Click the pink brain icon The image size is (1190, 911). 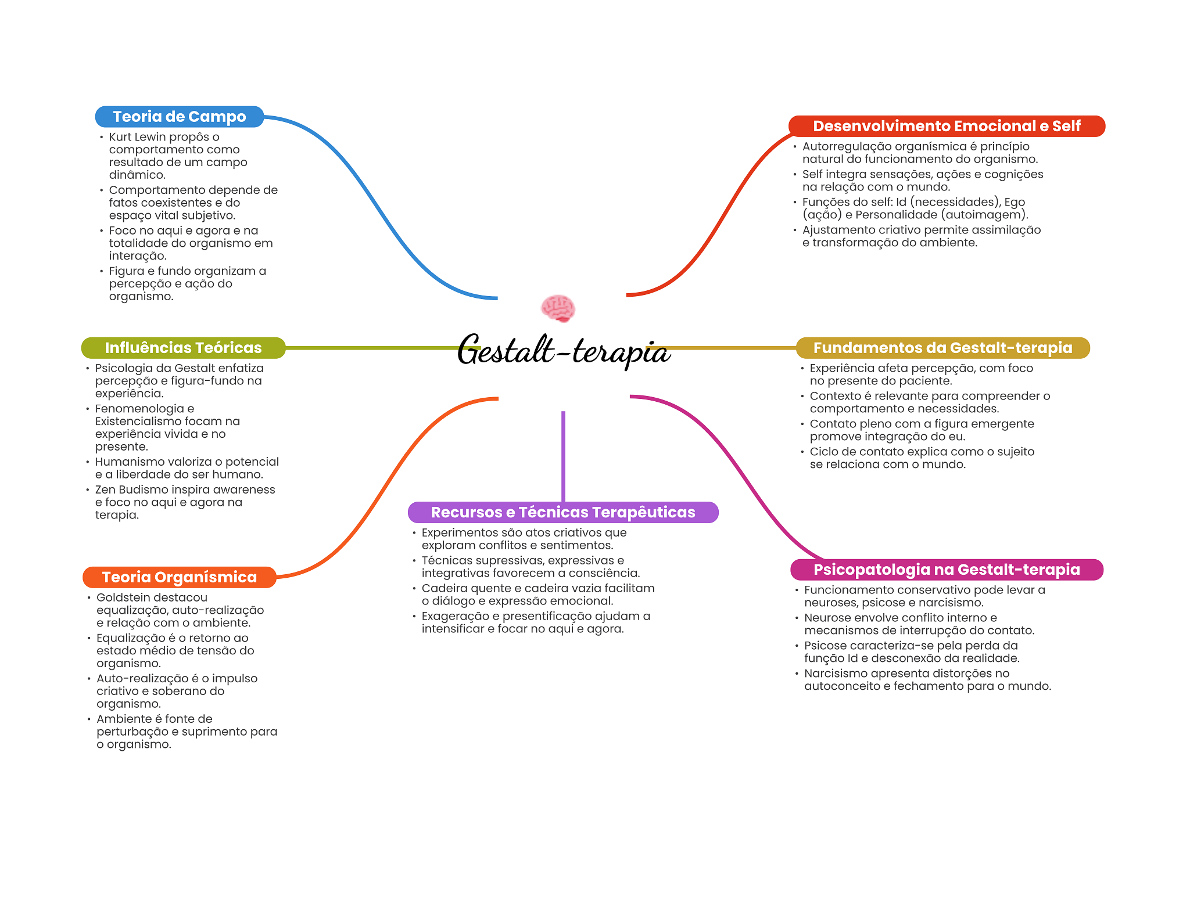(558, 308)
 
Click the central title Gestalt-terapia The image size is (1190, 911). (564, 350)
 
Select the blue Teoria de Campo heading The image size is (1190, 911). (180, 117)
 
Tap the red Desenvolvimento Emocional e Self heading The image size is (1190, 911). (947, 126)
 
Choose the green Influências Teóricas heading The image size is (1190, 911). (184, 348)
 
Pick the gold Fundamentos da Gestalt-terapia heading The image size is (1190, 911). (942, 348)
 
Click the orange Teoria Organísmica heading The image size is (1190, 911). (180, 577)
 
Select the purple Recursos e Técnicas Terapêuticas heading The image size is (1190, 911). (563, 512)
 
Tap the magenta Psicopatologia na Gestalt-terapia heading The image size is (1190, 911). (947, 570)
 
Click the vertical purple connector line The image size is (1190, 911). (563, 456)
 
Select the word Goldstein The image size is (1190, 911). (123, 597)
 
